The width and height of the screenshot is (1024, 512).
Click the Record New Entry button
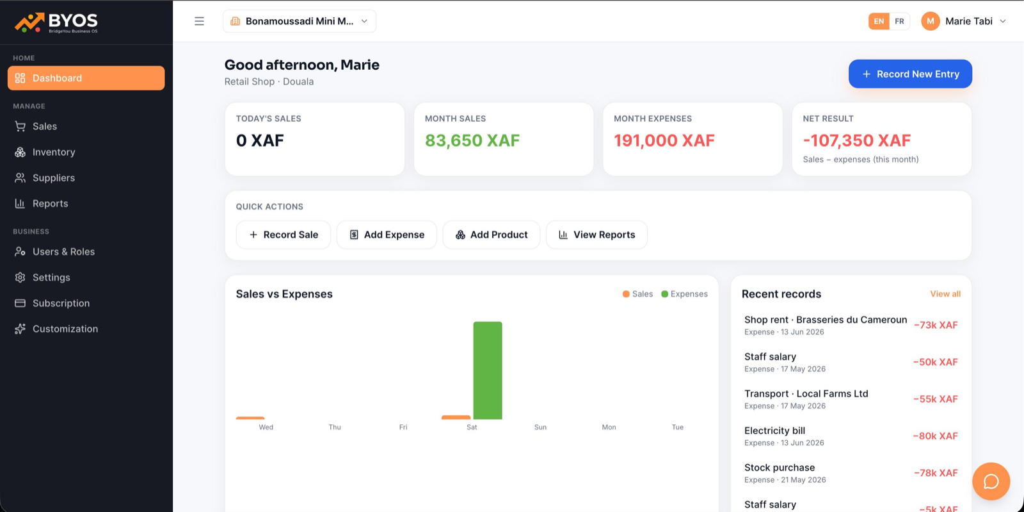coord(910,74)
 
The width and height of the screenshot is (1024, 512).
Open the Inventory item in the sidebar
coord(54,152)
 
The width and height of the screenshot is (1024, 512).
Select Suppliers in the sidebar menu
coord(54,178)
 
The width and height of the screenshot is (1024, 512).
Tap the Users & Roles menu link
coord(63,252)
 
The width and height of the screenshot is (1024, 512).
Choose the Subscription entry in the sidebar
coord(61,303)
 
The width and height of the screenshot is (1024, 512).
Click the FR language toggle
coord(899,21)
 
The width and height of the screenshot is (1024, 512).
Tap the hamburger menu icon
coord(199,21)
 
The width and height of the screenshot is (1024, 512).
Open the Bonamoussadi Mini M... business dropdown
coord(300,21)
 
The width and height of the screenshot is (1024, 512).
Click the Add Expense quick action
coord(387,235)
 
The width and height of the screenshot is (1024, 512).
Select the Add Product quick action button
coord(492,235)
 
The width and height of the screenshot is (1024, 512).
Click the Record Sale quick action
coord(284,235)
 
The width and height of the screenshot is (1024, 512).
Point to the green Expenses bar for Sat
coord(487,370)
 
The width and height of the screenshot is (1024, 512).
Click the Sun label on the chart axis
coord(540,427)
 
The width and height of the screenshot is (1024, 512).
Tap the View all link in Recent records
coord(945,293)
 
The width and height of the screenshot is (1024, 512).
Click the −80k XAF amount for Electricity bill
coord(935,436)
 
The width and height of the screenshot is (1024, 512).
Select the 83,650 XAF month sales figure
coord(472,140)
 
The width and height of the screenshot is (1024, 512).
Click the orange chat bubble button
coord(991,481)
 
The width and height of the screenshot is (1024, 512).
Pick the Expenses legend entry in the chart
coord(684,293)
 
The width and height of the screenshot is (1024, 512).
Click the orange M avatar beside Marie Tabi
coord(931,21)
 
